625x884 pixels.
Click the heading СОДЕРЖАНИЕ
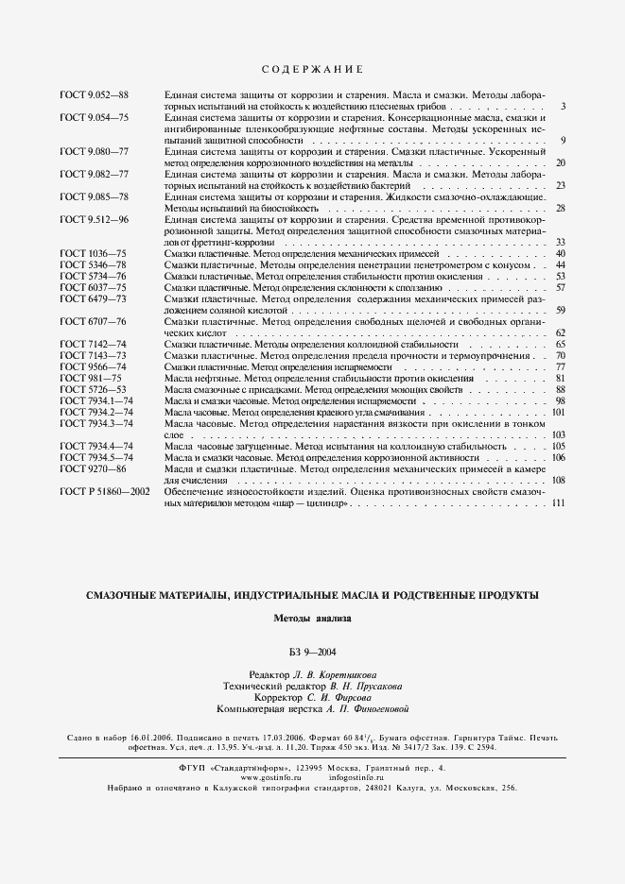pyautogui.click(x=311, y=70)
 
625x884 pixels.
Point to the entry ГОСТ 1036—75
pyautogui.click(x=92, y=254)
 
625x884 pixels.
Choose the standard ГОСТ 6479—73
pyautogui.click(x=92, y=298)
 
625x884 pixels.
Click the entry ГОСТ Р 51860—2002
pyautogui.click(x=110, y=492)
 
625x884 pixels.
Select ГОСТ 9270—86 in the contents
pyautogui.click(x=92, y=468)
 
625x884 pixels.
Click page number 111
pyautogui.click(x=558, y=503)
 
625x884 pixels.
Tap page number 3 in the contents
pyautogui.click(x=563, y=107)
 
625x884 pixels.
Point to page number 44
pyautogui.click(x=561, y=265)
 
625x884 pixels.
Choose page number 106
pyautogui.click(x=558, y=457)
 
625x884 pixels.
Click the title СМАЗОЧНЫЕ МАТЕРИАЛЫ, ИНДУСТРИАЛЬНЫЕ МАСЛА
pyautogui.click(x=312, y=595)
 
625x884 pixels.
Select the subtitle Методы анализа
pyautogui.click(x=311, y=619)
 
